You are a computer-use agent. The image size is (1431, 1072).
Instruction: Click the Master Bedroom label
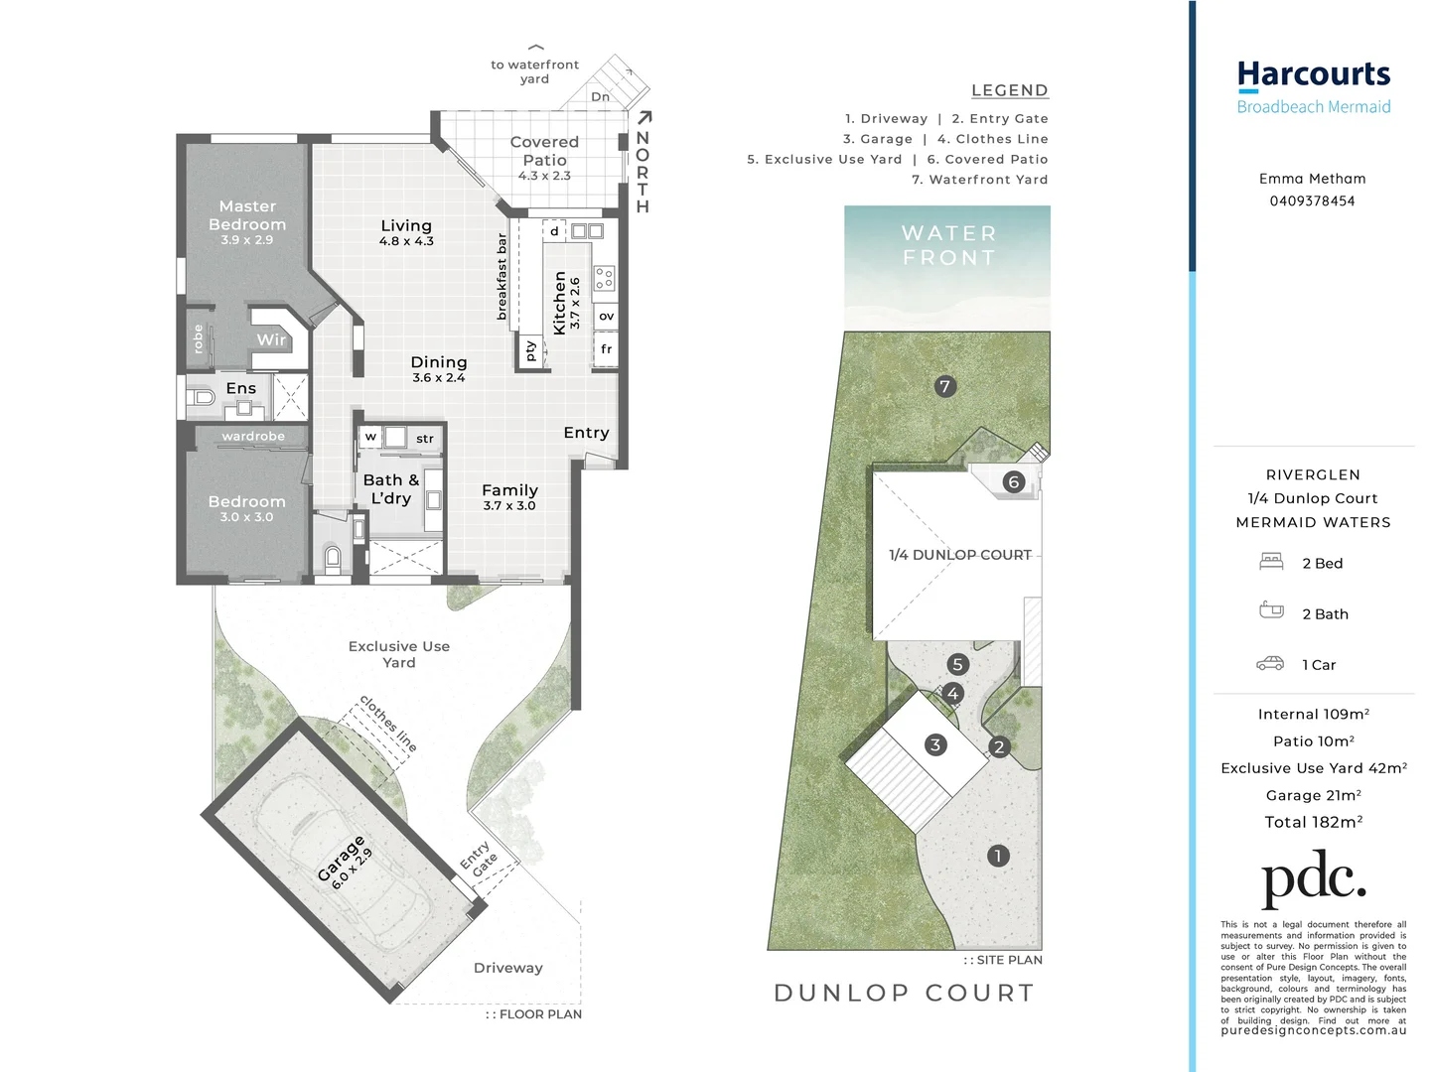click(247, 215)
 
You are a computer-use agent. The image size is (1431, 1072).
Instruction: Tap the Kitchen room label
click(559, 303)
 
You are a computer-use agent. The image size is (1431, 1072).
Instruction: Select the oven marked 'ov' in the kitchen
click(606, 317)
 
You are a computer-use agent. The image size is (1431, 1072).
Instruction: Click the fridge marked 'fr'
click(606, 349)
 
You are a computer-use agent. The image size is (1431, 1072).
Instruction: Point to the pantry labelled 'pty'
click(530, 350)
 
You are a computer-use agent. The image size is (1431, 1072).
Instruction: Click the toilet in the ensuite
click(204, 398)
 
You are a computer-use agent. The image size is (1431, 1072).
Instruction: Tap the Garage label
click(341, 859)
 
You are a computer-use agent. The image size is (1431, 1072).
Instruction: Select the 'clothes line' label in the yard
click(388, 723)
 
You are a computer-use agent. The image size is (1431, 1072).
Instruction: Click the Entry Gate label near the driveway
click(480, 860)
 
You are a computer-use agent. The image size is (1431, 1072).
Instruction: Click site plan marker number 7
click(944, 386)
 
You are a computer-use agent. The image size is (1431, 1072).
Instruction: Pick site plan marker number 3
click(934, 744)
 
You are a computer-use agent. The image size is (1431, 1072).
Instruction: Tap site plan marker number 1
click(998, 856)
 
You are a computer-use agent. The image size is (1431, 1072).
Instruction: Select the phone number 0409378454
click(1312, 201)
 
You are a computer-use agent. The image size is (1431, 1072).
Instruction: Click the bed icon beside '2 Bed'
click(1271, 562)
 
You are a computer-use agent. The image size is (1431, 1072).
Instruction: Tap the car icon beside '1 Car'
click(1270, 664)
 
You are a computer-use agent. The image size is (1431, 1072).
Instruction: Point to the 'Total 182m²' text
click(1313, 822)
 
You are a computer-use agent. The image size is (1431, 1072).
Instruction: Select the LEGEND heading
click(1009, 90)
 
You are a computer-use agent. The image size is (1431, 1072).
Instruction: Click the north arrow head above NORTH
click(645, 117)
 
